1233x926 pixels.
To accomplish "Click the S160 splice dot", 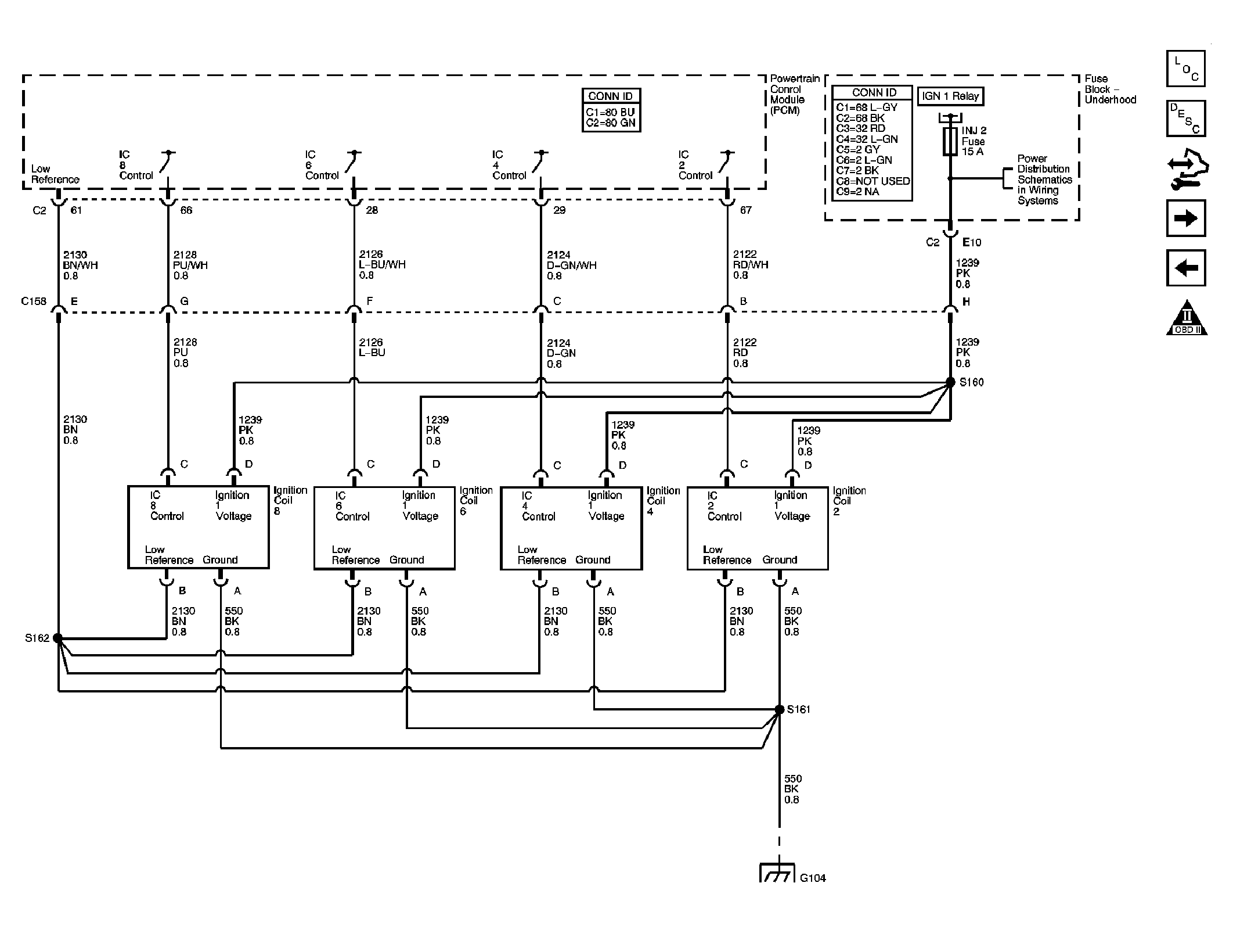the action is coord(950,382).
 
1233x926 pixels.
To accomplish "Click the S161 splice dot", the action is coord(779,709).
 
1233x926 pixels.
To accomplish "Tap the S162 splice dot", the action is coord(57,638).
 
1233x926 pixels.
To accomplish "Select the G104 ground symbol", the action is coord(777,873).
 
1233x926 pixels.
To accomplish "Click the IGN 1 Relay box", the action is coord(950,96).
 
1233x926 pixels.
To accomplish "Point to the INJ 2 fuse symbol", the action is coord(950,142).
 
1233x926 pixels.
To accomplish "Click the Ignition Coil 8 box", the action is coord(198,527).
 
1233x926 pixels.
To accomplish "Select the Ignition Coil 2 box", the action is coord(758,527).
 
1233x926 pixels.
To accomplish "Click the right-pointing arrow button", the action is coord(1186,218).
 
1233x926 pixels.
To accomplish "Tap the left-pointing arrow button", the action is coord(1186,268).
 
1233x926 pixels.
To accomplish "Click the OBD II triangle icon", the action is coord(1187,318).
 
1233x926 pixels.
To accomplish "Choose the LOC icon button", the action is coord(1186,69).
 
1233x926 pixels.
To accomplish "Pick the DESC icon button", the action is coord(1186,119).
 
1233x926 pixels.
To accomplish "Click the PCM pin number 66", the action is coord(186,210).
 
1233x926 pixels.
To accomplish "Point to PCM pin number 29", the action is coord(559,210).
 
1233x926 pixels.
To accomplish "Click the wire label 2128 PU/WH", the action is coord(190,265).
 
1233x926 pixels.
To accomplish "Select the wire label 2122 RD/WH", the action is coord(751,265).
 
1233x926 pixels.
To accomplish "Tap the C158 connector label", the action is coord(34,301).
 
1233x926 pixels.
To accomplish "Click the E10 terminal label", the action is coord(971,242).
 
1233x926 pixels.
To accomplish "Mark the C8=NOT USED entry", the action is coord(873,181).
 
